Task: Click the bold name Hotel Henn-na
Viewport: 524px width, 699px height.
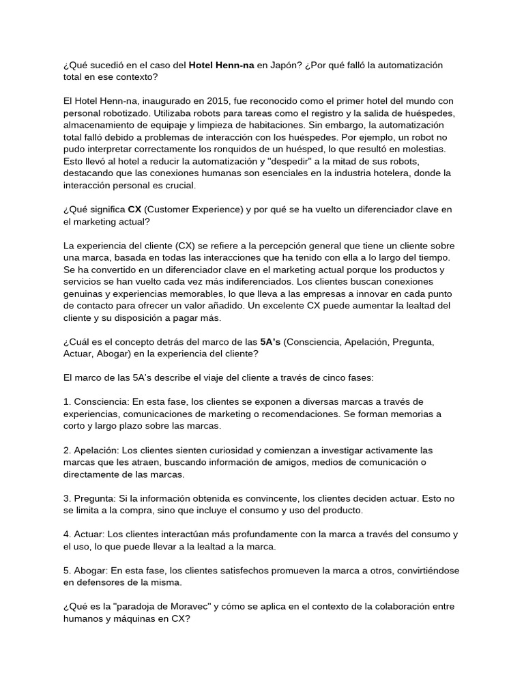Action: (x=221, y=65)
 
